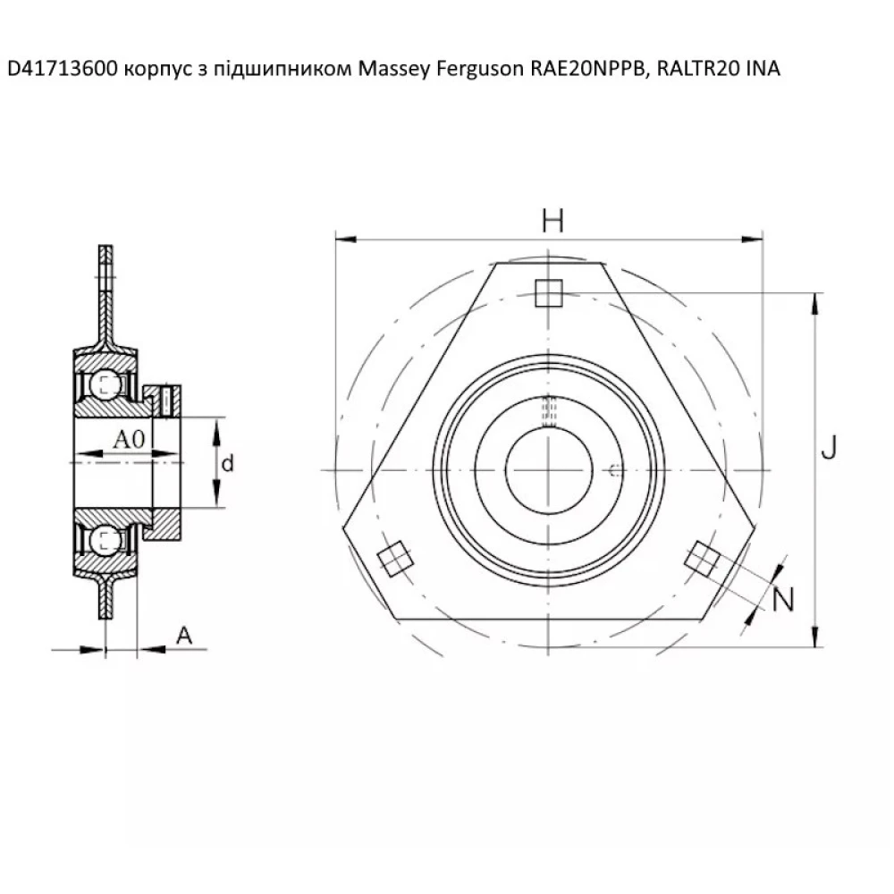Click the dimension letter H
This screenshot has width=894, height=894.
pyautogui.click(x=552, y=220)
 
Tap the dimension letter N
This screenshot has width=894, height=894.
pyautogui.click(x=782, y=600)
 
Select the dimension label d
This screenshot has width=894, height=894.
pyautogui.click(x=228, y=463)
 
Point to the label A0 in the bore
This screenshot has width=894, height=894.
pyautogui.click(x=130, y=439)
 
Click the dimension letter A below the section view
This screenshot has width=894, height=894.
pyautogui.click(x=183, y=635)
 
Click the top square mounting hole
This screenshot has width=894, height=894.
pyautogui.click(x=548, y=292)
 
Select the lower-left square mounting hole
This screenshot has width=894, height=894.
pyautogui.click(x=394, y=559)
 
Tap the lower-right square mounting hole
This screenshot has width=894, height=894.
pyautogui.click(x=701, y=559)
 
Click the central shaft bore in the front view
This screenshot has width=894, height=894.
pyautogui.click(x=548, y=469)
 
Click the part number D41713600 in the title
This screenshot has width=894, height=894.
pyautogui.click(x=61, y=69)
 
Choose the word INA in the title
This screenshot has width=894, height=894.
pyautogui.click(x=762, y=69)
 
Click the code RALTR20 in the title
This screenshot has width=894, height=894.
pyautogui.click(x=695, y=69)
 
